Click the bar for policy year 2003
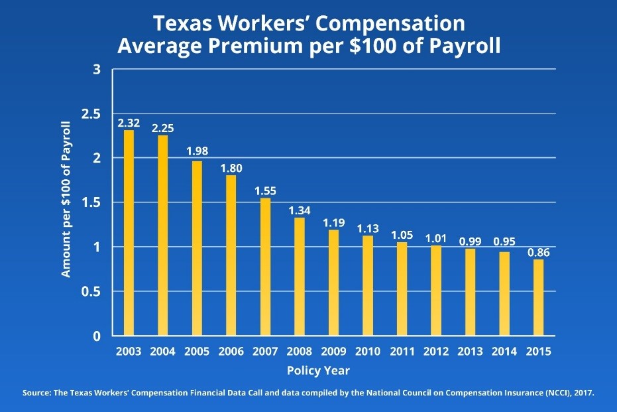pos(129,232)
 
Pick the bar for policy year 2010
pos(367,285)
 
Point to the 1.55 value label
pos(265,191)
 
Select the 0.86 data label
pos(538,253)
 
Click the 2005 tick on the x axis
pos(197,351)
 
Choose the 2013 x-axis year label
pos(470,351)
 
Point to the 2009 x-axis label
pos(333,351)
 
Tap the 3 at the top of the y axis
pos(97,70)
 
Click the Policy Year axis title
pos(318,370)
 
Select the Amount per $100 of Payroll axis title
pos(66,199)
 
